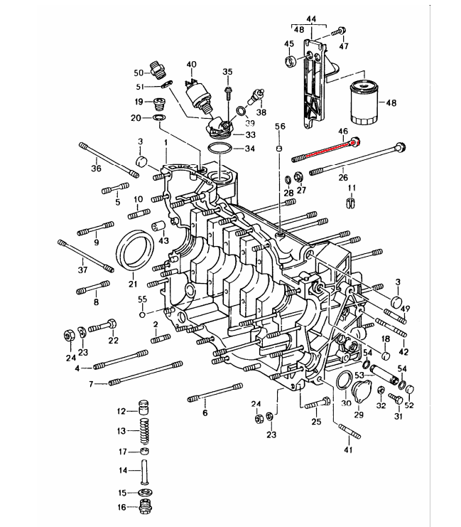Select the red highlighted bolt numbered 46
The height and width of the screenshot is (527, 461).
(x=326, y=150)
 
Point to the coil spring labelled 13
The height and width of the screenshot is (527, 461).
(x=144, y=431)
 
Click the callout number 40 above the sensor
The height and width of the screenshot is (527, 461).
(x=191, y=64)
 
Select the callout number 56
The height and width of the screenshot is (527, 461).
(x=280, y=127)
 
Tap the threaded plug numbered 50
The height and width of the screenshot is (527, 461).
(x=158, y=69)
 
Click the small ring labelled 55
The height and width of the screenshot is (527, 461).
(x=142, y=315)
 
